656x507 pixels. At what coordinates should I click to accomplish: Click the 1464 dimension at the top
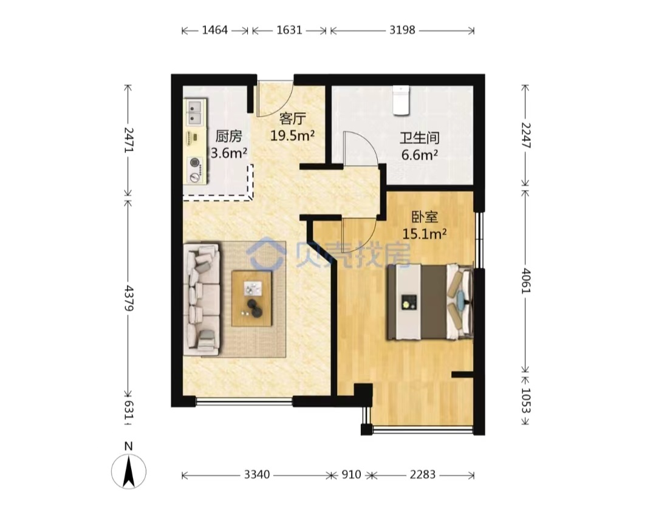point(214,30)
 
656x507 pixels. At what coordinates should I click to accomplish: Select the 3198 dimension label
point(402,30)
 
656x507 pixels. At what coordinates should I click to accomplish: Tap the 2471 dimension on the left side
point(128,140)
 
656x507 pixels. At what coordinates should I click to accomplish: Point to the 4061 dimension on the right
point(525,281)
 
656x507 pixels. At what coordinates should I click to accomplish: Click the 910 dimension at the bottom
point(351,475)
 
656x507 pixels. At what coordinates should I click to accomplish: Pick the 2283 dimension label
point(423,475)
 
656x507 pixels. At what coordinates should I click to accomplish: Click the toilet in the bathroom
point(401,100)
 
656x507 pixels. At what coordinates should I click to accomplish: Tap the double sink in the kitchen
point(195,112)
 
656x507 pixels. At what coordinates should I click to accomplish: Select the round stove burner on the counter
point(194,162)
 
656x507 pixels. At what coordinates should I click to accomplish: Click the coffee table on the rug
point(252,298)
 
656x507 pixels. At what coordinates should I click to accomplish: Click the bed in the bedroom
point(429,302)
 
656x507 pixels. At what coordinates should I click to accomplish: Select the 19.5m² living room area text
point(292,135)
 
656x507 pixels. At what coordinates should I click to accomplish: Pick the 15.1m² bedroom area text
point(424,233)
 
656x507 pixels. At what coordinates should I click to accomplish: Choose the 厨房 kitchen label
point(228,137)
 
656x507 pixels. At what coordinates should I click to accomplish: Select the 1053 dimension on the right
point(525,400)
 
